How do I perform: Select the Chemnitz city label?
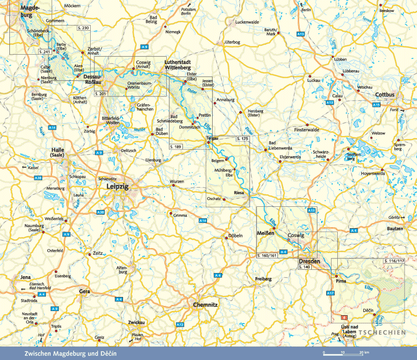tap(204, 305)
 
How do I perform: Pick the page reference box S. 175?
tap(242, 140)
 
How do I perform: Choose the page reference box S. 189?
tap(176, 147)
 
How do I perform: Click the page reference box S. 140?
tap(304, 267)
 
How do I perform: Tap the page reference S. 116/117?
tap(394, 260)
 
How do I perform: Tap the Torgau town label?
tap(212, 138)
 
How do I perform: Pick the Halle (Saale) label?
tap(58, 152)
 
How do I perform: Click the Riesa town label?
tap(239, 192)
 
